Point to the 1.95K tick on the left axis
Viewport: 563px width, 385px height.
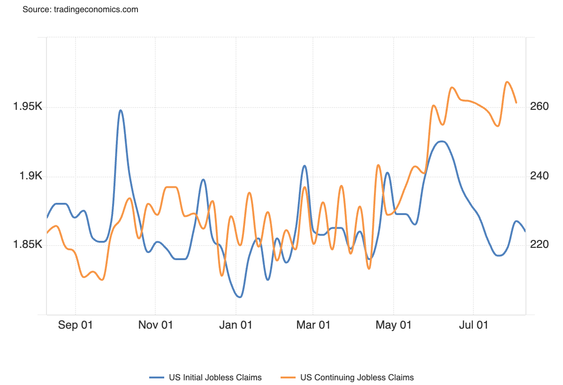[x=28, y=107]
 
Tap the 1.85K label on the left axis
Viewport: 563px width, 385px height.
[x=28, y=245]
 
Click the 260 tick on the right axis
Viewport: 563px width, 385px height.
[x=539, y=107]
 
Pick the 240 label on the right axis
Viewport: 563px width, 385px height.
[x=539, y=176]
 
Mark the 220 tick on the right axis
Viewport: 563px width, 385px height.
[x=539, y=245]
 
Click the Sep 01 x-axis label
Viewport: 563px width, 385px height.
[x=76, y=325]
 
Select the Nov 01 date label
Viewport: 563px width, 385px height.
[x=155, y=325]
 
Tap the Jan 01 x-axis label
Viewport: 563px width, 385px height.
[x=236, y=325]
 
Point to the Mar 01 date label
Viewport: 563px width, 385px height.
[x=313, y=325]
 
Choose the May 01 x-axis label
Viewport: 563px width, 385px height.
[x=394, y=325]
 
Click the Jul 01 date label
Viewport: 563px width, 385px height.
[x=473, y=325]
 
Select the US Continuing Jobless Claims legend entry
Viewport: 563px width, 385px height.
[x=357, y=377]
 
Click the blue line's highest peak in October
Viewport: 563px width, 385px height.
[x=121, y=110]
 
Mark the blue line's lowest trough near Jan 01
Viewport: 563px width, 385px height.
[x=240, y=297]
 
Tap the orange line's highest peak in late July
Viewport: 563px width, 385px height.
[x=507, y=82]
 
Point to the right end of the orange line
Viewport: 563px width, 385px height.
[x=516, y=102]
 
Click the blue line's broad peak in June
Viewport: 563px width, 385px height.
[x=441, y=141]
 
